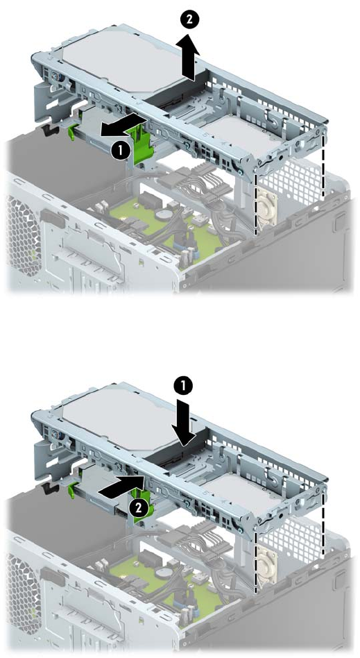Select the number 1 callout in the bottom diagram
(187, 385)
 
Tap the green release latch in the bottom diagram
(143, 501)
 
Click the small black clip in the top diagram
(50, 130)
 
